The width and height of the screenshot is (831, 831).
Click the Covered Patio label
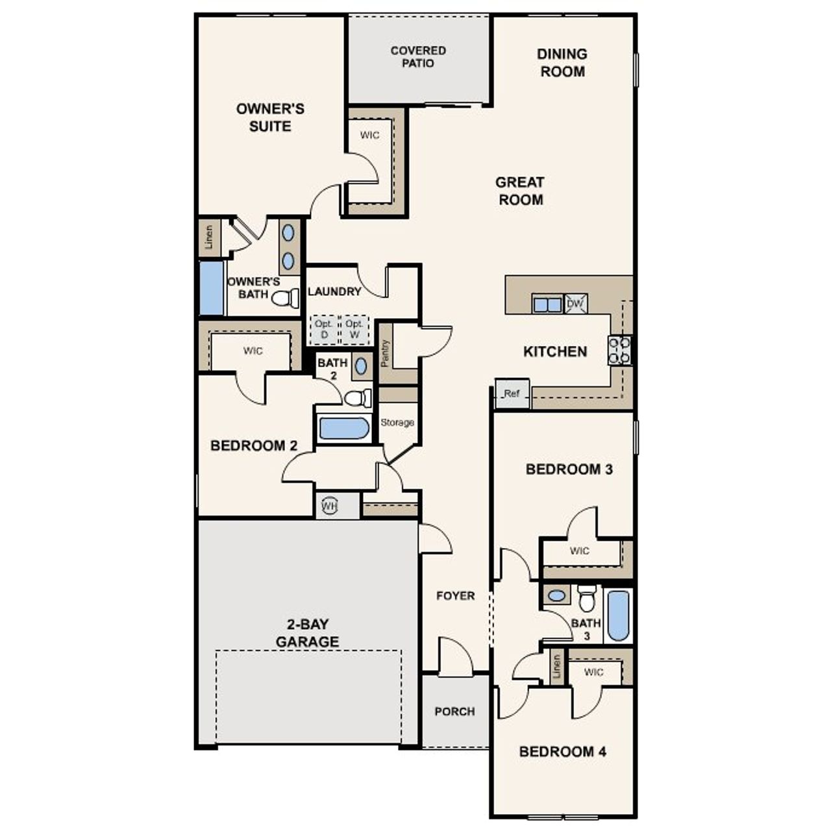[x=418, y=57]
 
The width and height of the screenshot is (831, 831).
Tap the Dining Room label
[x=562, y=63]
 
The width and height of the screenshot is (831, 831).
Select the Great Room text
[x=520, y=191]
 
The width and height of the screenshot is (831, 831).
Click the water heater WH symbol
[x=330, y=506]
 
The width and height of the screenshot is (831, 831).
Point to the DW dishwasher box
[x=575, y=304]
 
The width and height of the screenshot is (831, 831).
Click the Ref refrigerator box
[x=512, y=394]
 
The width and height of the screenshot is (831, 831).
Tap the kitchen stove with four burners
[x=619, y=350]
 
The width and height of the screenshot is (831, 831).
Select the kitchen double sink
[x=547, y=304]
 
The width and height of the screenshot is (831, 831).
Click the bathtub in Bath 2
[x=344, y=428]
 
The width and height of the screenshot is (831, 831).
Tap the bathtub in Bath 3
[x=618, y=615]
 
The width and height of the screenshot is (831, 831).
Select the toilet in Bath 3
[x=587, y=598]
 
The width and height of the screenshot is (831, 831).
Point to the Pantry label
[x=385, y=353]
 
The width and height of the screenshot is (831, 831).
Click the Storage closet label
[x=397, y=423]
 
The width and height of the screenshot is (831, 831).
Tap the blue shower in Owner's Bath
[x=212, y=288]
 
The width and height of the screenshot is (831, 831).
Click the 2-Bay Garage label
[x=307, y=633]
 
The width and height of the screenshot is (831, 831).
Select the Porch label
[x=454, y=712]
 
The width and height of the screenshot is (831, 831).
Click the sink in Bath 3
[x=556, y=595]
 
